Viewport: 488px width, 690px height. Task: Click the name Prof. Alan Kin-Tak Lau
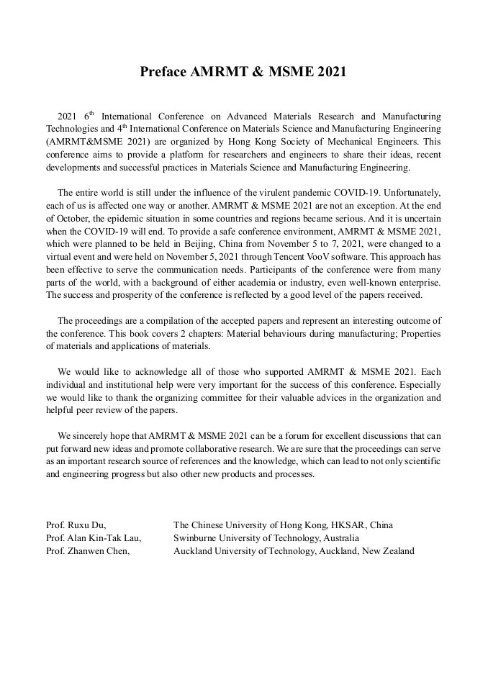94,538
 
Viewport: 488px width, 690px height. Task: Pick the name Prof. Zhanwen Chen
88,551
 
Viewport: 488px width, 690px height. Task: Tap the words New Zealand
388,551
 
